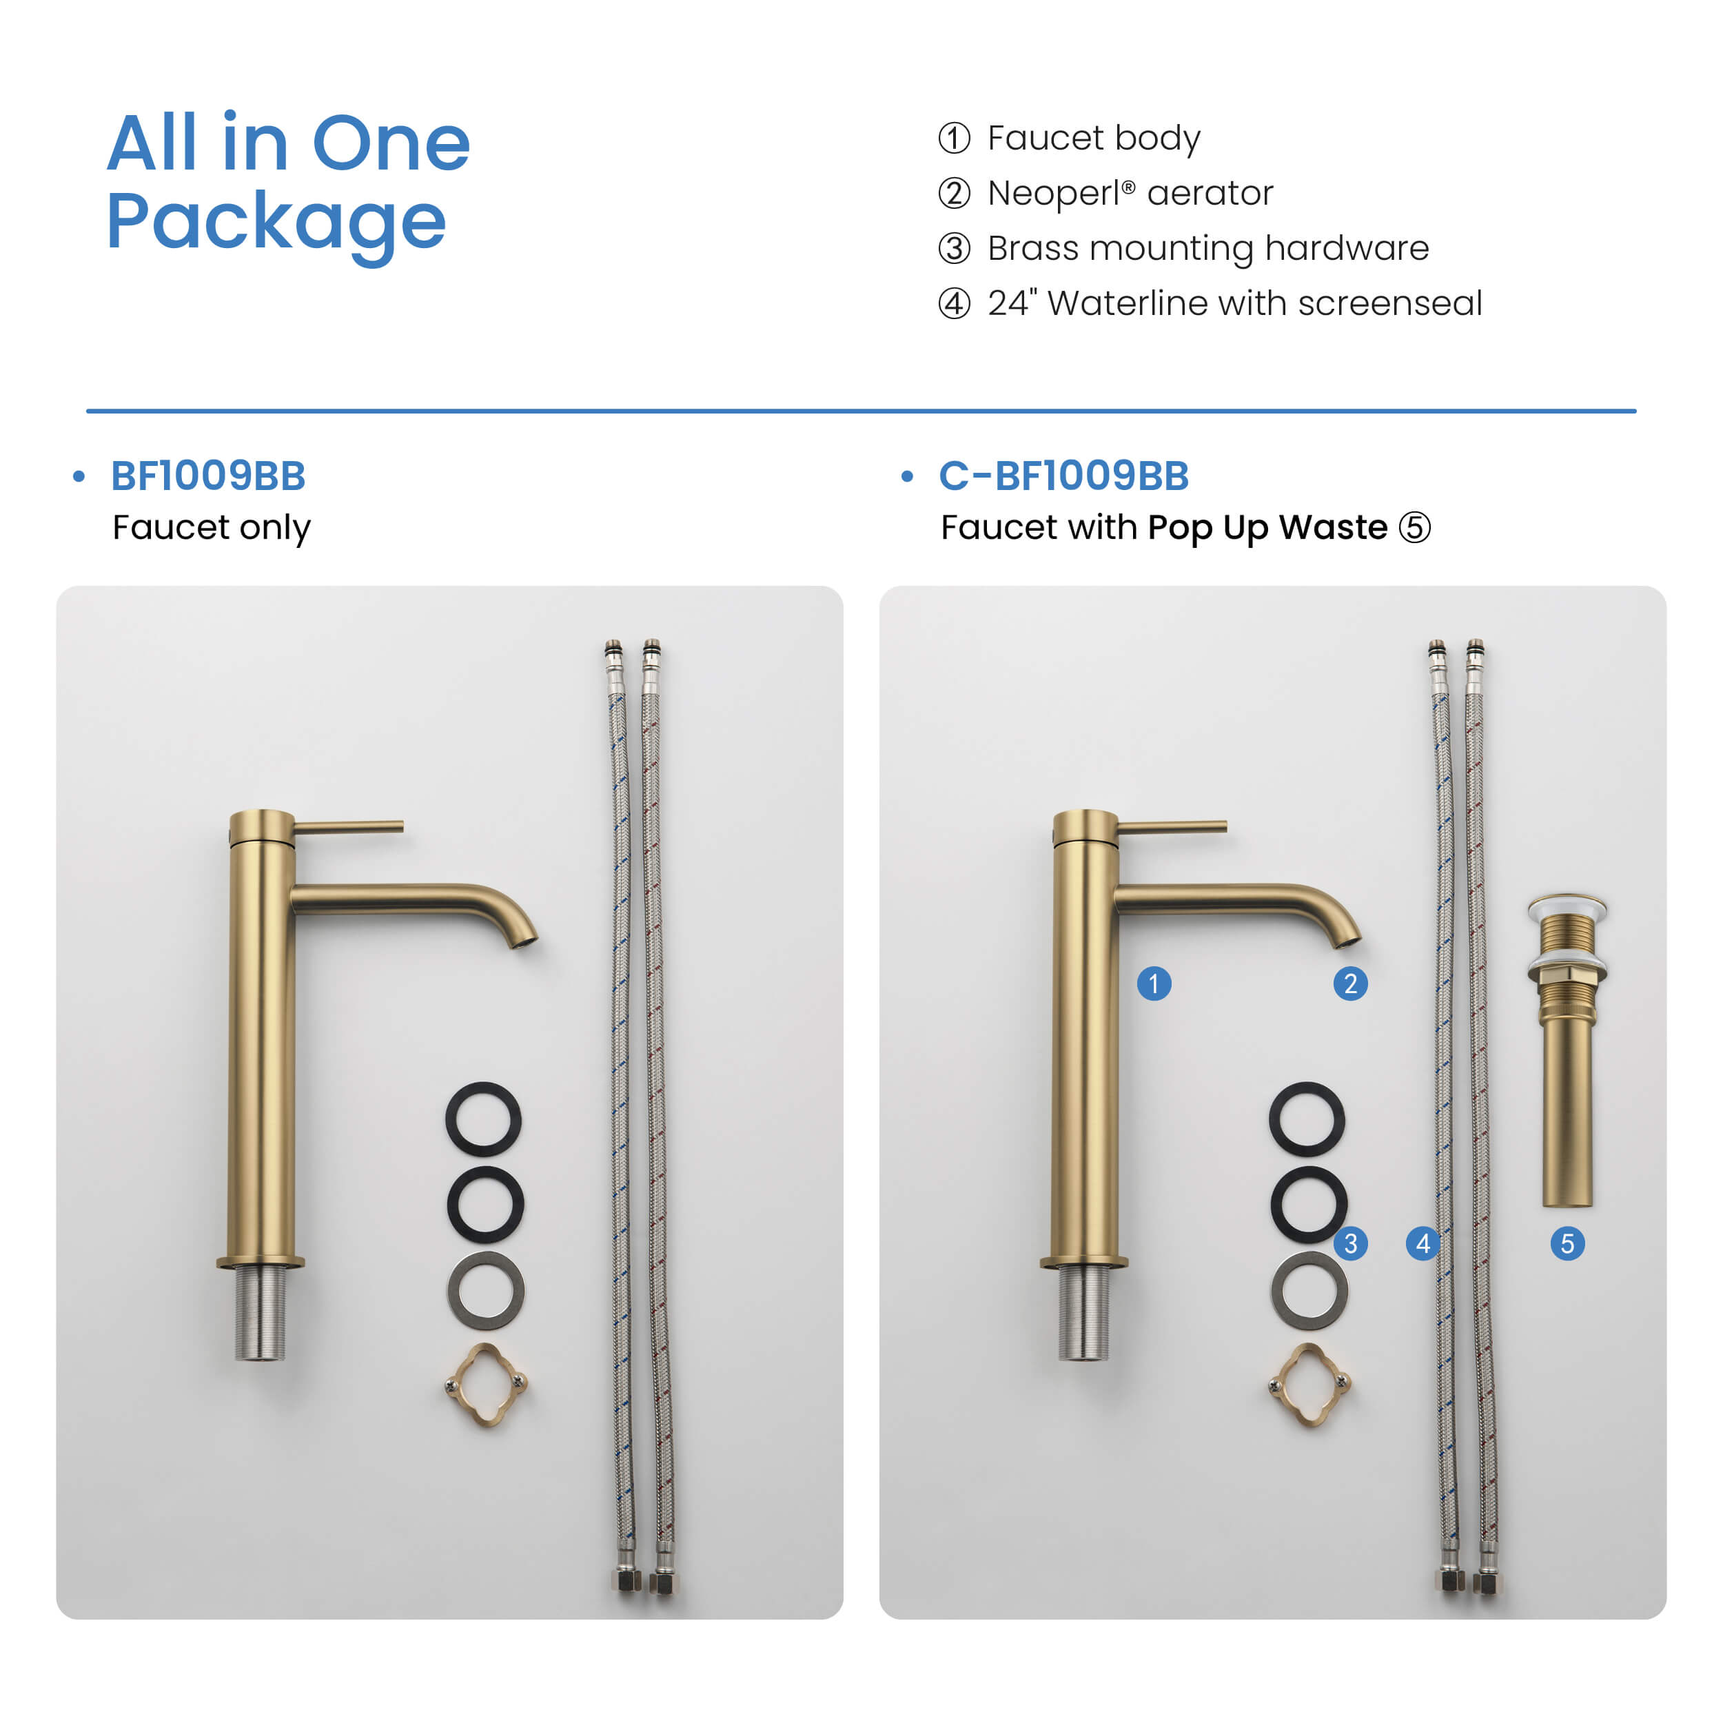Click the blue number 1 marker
[x=1154, y=983]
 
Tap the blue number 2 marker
[x=1350, y=983]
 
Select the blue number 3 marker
[x=1350, y=1243]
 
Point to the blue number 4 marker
[x=1423, y=1243]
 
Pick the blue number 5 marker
[x=1568, y=1243]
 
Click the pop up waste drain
[x=1567, y=1050]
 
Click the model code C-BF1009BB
[x=1064, y=476]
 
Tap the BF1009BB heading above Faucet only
[x=208, y=476]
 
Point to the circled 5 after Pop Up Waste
[x=1414, y=527]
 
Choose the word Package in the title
[x=276, y=223]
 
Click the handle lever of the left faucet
[x=349, y=828]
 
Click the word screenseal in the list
[x=1389, y=303]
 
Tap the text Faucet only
[x=212, y=528]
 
